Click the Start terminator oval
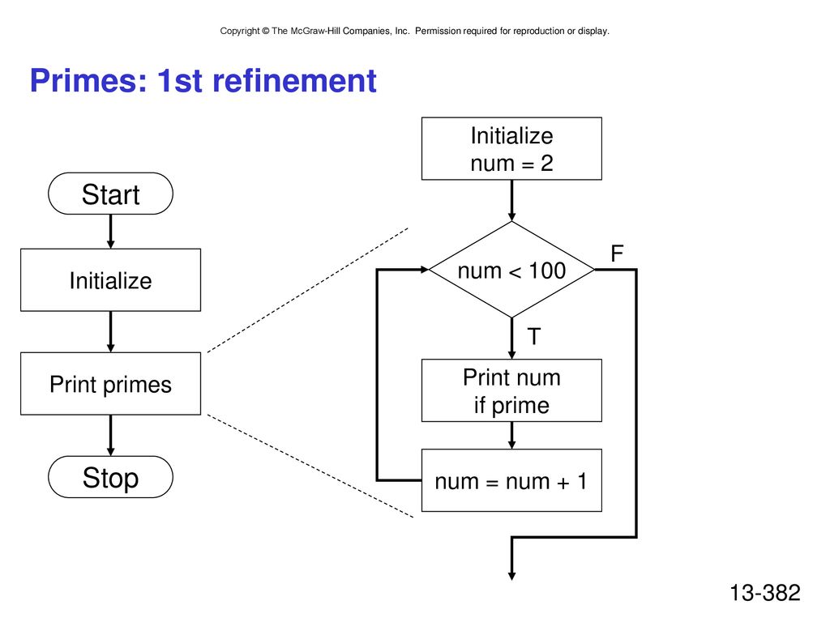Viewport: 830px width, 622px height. (x=110, y=194)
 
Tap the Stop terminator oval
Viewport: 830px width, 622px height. (x=110, y=477)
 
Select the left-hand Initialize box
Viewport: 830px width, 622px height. (x=110, y=279)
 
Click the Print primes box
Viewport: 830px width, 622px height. (x=110, y=383)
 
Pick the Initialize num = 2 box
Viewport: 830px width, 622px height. (x=511, y=149)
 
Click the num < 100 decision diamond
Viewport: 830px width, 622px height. (x=511, y=270)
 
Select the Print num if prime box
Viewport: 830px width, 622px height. (x=511, y=390)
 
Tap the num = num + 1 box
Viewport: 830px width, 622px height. (x=511, y=480)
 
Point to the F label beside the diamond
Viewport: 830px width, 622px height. (x=617, y=253)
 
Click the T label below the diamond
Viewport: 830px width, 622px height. (x=534, y=336)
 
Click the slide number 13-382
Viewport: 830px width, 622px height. (x=765, y=592)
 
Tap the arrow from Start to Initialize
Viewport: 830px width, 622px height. (x=110, y=232)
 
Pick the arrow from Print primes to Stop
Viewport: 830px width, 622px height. (x=110, y=435)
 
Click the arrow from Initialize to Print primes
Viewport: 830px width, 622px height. (x=110, y=331)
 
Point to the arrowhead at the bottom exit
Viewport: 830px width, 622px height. (x=511, y=576)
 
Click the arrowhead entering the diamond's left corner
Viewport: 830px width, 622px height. (x=425, y=270)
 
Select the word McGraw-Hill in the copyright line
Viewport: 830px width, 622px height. (x=315, y=31)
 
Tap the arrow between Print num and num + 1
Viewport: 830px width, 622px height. (x=511, y=435)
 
